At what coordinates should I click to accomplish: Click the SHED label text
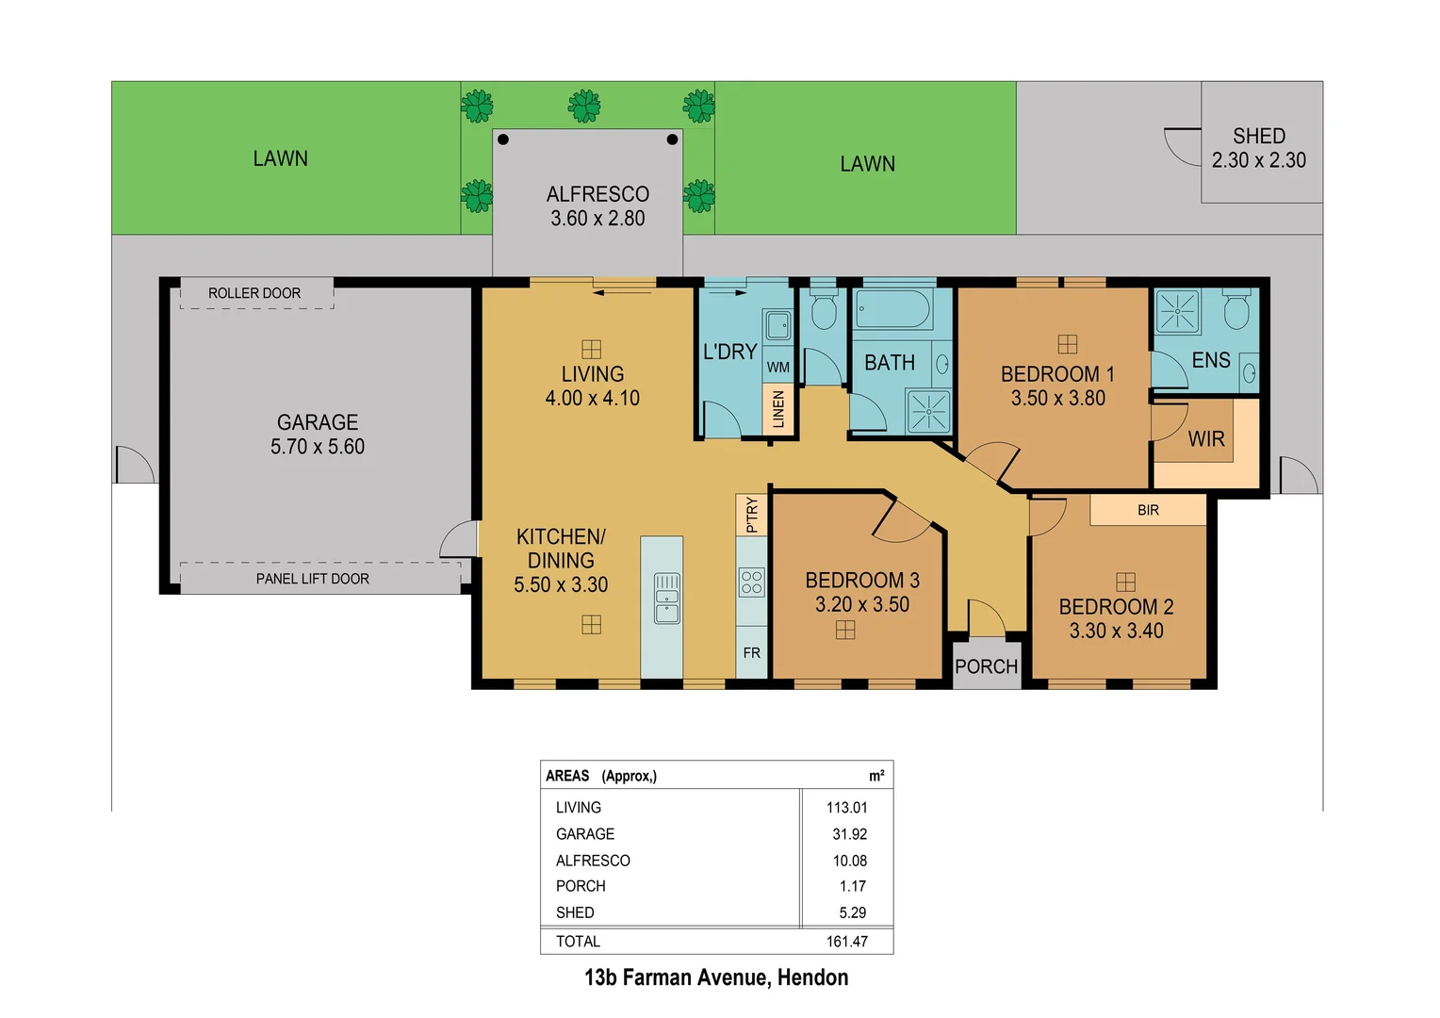pos(1258,137)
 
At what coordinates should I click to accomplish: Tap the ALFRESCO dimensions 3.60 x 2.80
pos(597,219)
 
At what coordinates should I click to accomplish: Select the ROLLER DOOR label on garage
pos(254,293)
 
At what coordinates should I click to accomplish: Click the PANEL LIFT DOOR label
pos(312,579)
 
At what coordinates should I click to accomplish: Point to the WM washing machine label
pos(778,368)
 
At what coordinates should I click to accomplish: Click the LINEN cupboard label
pos(778,410)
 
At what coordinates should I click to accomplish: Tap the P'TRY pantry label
pos(751,516)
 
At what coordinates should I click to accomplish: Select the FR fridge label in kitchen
pos(751,652)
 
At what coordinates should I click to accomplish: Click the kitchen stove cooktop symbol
pos(751,582)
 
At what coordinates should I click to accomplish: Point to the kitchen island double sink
pos(666,599)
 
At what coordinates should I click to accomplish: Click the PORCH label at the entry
pos(986,666)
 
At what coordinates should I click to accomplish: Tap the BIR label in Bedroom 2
pos(1148,510)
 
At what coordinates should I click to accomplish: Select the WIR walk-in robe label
pos(1205,439)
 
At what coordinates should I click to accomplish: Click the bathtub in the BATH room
pos(892,308)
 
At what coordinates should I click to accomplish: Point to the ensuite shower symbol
pos(1176,311)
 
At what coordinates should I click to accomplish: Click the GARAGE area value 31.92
pos(849,834)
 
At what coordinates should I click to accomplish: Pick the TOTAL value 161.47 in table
pos(846,942)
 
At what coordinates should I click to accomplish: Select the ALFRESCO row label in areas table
pos(593,861)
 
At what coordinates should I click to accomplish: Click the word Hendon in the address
pos(812,977)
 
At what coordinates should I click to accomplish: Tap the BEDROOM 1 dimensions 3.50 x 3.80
pos(1057,399)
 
